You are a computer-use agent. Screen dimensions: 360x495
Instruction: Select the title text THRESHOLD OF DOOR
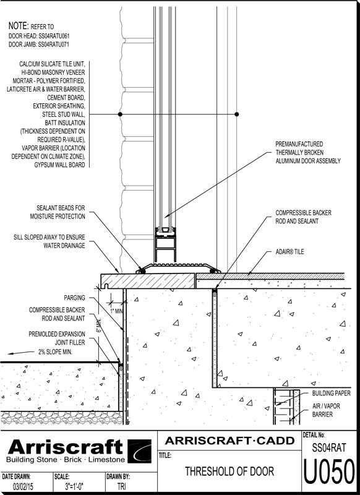click(x=229, y=471)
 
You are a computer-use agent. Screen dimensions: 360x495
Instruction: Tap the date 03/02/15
click(x=22, y=486)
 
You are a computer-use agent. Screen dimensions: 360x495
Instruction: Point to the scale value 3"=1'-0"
click(x=74, y=486)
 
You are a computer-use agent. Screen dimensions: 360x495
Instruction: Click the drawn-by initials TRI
click(x=121, y=486)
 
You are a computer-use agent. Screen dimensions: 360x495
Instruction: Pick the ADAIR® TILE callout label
click(x=289, y=252)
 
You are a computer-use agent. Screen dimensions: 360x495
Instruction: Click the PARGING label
click(x=74, y=298)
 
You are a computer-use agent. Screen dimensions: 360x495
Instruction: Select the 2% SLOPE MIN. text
click(x=55, y=351)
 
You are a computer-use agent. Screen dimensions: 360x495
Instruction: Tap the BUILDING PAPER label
click(x=332, y=393)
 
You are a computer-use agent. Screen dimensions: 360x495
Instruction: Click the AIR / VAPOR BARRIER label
click(x=326, y=410)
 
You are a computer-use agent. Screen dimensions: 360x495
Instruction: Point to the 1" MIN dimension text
click(x=116, y=311)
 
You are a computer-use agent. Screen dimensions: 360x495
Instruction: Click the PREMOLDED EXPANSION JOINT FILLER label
click(x=57, y=338)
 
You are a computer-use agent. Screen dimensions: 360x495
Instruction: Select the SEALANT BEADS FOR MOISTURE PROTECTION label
click(x=58, y=212)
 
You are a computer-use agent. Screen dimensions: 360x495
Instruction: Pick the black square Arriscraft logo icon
click(x=139, y=451)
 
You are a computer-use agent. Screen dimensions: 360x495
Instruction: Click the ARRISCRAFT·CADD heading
click(x=229, y=441)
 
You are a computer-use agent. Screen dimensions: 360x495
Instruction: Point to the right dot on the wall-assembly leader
click(x=237, y=114)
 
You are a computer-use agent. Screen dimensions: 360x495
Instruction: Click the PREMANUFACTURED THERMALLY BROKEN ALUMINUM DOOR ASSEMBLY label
click(x=308, y=152)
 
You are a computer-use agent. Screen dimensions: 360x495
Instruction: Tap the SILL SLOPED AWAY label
click(x=49, y=241)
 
